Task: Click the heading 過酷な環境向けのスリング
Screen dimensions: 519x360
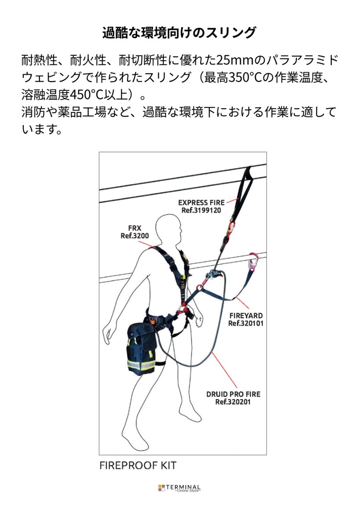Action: (179, 33)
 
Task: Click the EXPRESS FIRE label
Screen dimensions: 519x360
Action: (201, 202)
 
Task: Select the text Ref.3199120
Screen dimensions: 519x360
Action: (201, 210)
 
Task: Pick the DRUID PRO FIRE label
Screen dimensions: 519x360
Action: (233, 394)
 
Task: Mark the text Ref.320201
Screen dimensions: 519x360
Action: (233, 402)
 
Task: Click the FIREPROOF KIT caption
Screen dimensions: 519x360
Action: (138, 465)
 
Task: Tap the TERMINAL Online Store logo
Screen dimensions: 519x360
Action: (179, 488)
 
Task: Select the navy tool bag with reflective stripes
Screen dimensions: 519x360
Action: (141, 349)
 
